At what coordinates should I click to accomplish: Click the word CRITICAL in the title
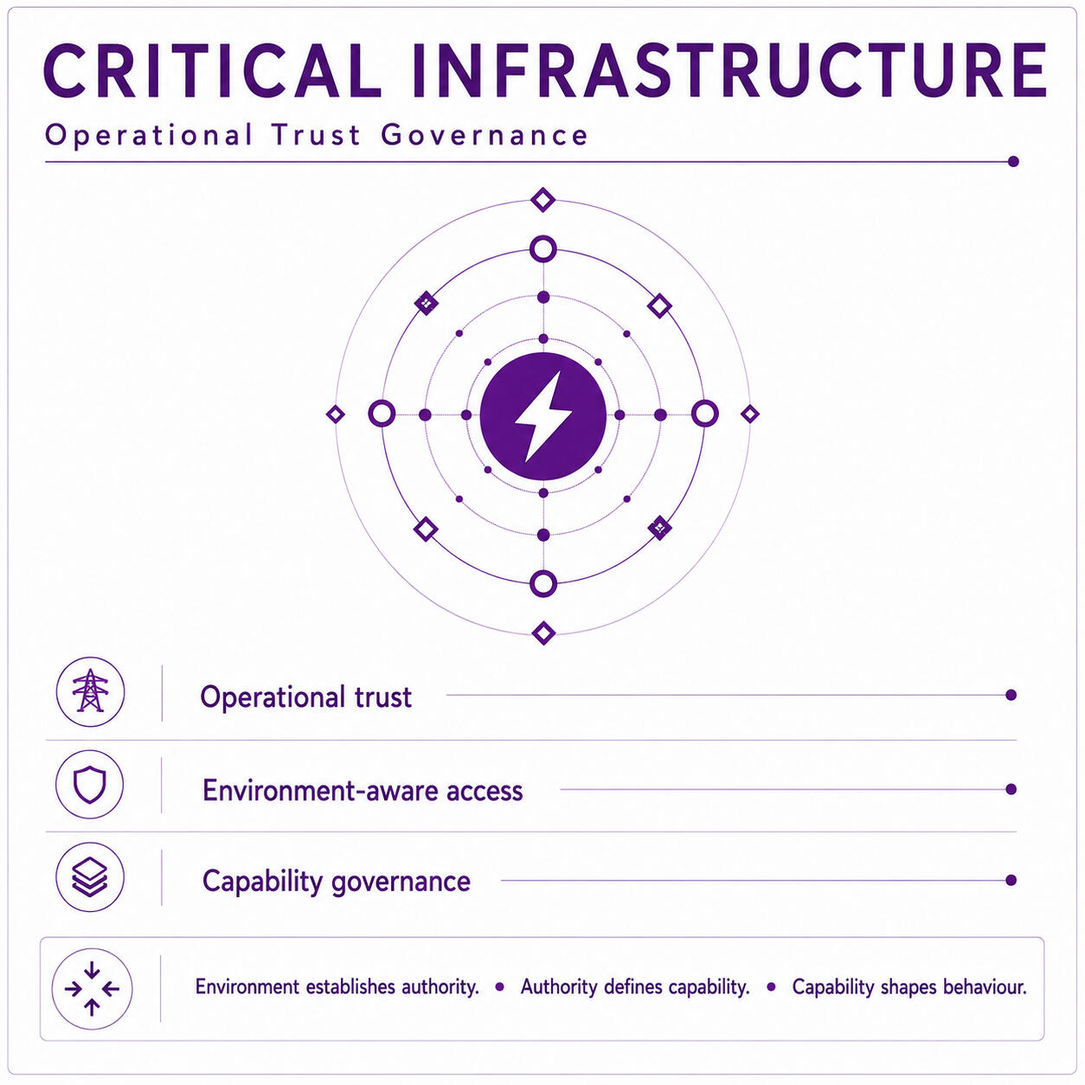[212, 72]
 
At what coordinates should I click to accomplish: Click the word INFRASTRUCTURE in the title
[729, 72]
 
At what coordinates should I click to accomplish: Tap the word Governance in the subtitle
[485, 135]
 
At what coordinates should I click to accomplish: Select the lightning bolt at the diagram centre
[543, 416]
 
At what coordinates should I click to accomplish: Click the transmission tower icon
[90, 690]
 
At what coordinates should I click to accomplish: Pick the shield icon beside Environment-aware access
[90, 784]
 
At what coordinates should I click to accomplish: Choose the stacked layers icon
[90, 877]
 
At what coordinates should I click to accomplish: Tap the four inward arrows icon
[92, 989]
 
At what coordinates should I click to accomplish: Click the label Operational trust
[306, 697]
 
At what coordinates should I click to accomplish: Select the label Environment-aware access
[363, 791]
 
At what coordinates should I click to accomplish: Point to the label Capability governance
[336, 882]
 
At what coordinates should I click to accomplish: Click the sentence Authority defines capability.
[635, 987]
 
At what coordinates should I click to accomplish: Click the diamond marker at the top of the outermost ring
[543, 200]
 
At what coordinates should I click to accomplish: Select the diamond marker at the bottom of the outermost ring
[543, 633]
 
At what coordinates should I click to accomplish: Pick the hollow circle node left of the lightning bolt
[382, 414]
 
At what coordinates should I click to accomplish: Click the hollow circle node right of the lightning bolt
[704, 414]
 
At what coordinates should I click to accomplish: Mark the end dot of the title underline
[1013, 162]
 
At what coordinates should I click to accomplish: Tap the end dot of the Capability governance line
[1011, 880]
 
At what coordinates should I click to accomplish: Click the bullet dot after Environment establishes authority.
[499, 987]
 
